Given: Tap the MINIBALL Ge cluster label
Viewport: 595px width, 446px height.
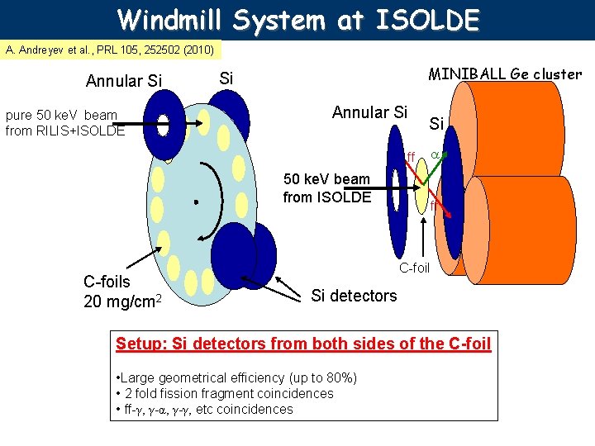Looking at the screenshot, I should pyautogui.click(x=504, y=74).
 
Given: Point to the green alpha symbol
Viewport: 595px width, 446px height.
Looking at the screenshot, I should pyautogui.click(x=434, y=154).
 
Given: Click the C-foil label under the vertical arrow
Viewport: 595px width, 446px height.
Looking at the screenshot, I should pyautogui.click(x=415, y=268).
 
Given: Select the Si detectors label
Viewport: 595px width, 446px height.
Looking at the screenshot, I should pyautogui.click(x=354, y=296).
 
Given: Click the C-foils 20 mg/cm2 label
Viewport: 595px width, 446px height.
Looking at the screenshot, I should pyautogui.click(x=119, y=292).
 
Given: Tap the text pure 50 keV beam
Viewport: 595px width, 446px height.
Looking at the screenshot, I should pyautogui.click(x=61, y=116).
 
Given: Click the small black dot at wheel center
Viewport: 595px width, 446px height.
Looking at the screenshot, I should pyautogui.click(x=196, y=201).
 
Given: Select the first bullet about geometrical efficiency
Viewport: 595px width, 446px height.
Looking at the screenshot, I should pyautogui.click(x=239, y=377).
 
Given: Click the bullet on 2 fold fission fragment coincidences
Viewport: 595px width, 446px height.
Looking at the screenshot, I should pyautogui.click(x=226, y=393).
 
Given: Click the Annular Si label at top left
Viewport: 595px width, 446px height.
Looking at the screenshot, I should pyautogui.click(x=124, y=81).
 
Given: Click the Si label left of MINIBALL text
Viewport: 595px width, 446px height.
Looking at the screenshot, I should pyautogui.click(x=226, y=78).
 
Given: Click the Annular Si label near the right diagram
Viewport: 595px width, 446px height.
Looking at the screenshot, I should pyautogui.click(x=369, y=111).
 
